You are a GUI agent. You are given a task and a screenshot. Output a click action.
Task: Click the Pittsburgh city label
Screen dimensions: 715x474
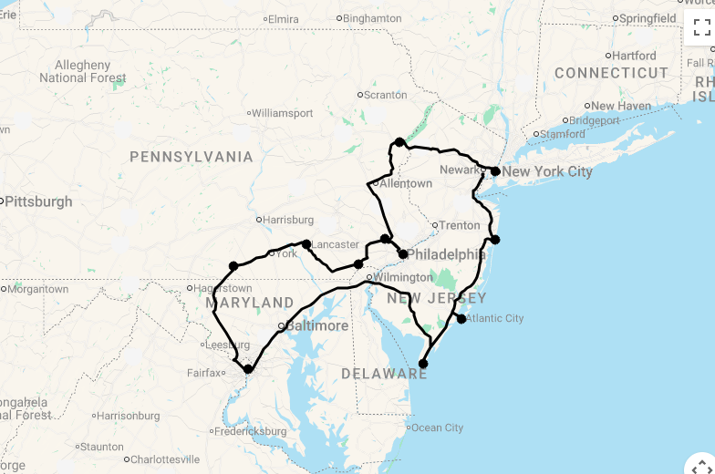(x=38, y=201)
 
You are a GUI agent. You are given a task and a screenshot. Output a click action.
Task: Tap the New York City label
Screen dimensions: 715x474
(x=546, y=171)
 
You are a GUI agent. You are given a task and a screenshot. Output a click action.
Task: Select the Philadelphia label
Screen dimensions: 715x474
(x=446, y=254)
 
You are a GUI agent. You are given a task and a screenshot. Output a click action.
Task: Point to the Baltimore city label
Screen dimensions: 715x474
(x=316, y=325)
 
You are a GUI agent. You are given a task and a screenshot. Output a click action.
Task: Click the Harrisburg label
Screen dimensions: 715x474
(x=288, y=220)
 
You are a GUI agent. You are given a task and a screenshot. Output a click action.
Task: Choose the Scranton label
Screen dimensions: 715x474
(x=387, y=95)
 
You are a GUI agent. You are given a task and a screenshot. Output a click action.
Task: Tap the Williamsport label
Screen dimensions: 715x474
(x=282, y=114)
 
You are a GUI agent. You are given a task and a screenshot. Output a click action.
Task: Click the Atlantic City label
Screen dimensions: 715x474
(x=494, y=318)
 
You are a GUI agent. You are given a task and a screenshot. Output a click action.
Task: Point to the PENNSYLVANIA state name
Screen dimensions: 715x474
(x=192, y=157)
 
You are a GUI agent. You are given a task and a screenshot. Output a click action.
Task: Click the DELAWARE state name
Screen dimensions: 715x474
(x=384, y=374)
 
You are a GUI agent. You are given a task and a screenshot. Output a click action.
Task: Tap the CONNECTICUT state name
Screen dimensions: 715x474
(x=611, y=73)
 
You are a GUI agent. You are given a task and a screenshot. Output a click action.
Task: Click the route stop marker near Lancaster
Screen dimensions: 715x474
(x=306, y=244)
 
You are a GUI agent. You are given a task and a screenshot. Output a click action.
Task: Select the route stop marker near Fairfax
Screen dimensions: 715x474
(x=248, y=369)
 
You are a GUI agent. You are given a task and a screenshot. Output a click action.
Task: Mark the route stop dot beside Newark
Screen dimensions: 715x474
(x=495, y=171)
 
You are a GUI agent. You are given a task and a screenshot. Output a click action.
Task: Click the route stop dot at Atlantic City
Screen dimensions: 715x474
(x=461, y=319)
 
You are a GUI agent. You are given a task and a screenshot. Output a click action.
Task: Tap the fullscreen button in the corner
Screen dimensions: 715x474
(x=700, y=28)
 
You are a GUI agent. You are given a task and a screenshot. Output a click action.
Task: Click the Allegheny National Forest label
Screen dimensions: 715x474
(x=82, y=72)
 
